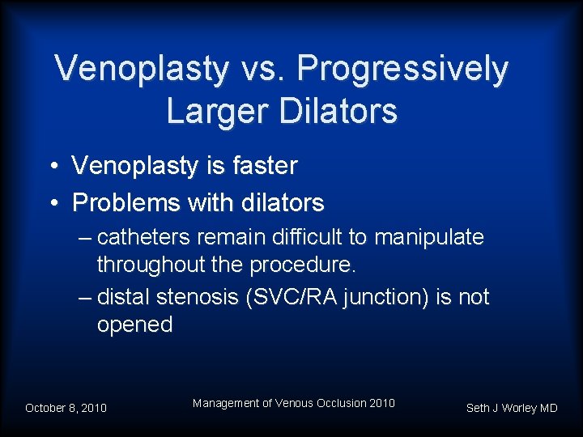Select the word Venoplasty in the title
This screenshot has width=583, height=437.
coord(142,70)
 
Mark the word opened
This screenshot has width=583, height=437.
coord(134,325)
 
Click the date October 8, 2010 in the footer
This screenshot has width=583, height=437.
coord(66,408)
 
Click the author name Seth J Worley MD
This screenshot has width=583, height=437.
coord(512,408)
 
